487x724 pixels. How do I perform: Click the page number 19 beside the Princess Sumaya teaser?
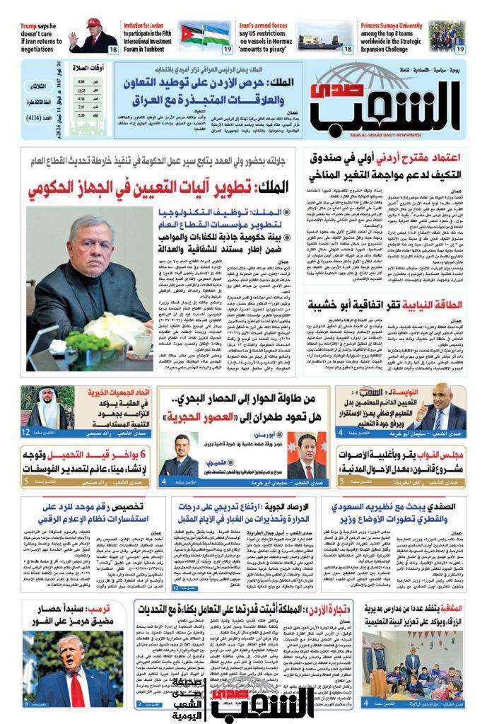(459, 49)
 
